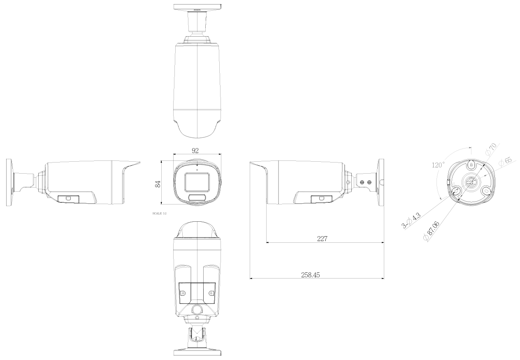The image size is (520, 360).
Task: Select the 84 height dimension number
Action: click(158, 183)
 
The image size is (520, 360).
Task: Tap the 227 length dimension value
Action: click(322, 239)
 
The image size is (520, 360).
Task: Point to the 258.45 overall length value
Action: click(311, 274)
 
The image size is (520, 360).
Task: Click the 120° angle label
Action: click(438, 165)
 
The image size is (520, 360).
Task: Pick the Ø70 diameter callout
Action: click(491, 149)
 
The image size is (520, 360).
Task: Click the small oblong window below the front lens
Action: click(197, 198)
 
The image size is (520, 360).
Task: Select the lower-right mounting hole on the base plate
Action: click(486, 190)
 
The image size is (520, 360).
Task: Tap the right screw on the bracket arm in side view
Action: click(369, 182)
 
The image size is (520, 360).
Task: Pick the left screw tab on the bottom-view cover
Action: click(183, 293)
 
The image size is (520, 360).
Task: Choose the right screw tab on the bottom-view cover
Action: click(211, 293)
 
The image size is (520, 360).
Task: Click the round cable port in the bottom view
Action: click(197, 309)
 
